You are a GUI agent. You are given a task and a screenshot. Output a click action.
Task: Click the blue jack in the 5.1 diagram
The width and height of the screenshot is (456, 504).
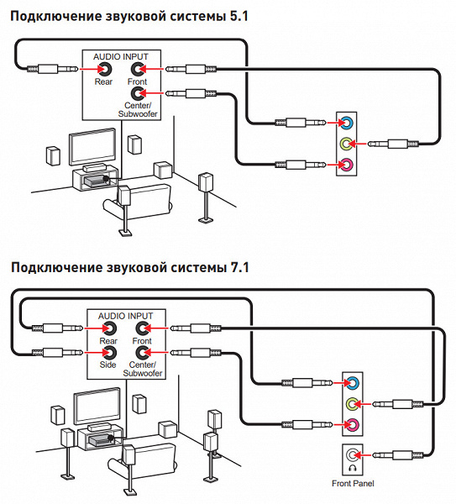coord(346,123)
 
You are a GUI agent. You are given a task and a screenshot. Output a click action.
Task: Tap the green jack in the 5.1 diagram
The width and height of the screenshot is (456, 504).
coord(346,144)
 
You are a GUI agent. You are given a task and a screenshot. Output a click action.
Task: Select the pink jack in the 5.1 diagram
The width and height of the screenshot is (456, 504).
coord(346,165)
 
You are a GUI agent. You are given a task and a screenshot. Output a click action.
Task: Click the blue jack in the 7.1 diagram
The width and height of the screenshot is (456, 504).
coord(352,382)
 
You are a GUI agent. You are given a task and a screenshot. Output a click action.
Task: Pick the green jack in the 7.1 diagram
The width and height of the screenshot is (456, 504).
coord(352,404)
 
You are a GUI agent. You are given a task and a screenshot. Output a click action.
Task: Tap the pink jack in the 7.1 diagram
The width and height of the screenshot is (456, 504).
coord(352,425)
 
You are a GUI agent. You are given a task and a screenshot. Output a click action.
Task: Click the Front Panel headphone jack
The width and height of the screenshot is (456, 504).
coord(352,454)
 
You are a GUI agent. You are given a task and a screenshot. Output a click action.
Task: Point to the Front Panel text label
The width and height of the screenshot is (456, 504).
coord(353,483)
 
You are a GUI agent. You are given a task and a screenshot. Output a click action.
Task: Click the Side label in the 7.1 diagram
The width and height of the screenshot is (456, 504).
coord(107,365)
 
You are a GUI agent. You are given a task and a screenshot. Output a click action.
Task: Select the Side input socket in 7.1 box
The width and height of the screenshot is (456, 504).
coord(109,353)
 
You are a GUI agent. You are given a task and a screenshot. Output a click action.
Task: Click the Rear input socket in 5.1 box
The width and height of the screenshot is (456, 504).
coord(105,69)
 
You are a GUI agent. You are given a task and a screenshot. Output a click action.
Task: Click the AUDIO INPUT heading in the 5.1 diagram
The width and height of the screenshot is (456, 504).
coord(121,57)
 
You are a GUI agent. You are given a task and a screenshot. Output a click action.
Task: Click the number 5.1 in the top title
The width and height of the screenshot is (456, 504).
coord(239,16)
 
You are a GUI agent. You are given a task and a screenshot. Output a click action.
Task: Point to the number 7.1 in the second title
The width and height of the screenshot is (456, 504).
coord(239,267)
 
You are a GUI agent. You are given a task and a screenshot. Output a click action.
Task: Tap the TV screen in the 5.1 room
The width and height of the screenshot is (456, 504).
coord(92,146)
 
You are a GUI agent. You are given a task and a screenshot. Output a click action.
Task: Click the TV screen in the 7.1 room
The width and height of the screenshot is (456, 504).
coord(97,406)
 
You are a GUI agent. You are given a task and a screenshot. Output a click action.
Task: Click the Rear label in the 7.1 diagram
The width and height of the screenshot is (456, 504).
coord(108,341)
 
